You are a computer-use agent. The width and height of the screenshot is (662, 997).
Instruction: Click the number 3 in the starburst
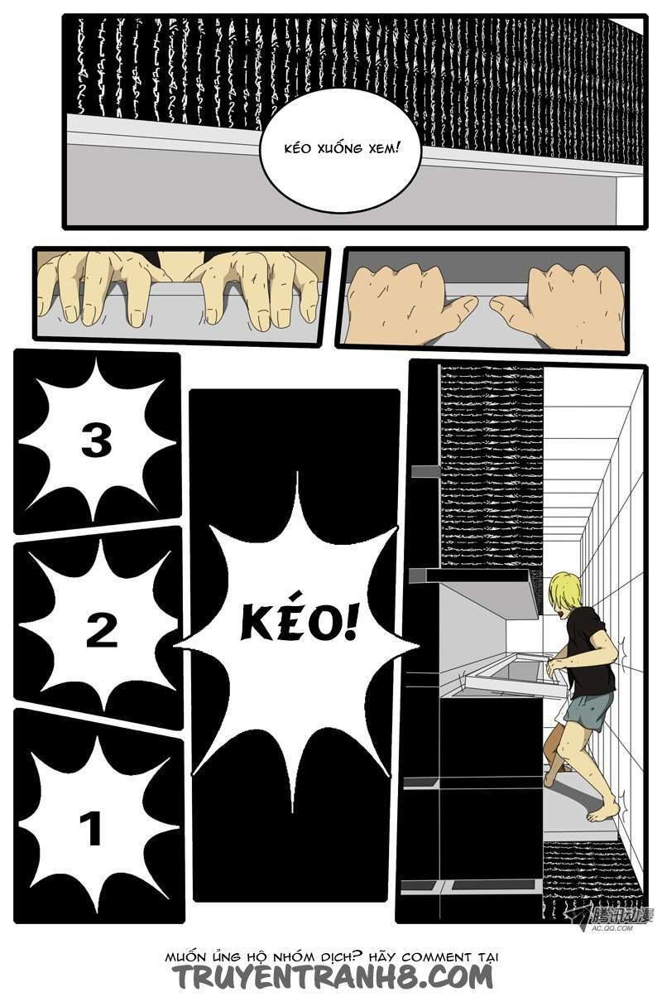[x=97, y=441]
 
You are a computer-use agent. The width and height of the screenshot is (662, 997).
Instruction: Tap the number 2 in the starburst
[x=102, y=631]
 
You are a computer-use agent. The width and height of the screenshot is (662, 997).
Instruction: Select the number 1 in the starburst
[x=92, y=829]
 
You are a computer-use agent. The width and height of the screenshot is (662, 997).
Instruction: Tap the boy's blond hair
[x=565, y=589]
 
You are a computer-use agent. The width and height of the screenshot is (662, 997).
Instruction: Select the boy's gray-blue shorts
[x=590, y=710]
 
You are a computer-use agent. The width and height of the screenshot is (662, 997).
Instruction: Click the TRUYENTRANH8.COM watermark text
[x=333, y=978]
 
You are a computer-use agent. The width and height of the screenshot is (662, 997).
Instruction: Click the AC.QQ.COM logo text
[x=612, y=928]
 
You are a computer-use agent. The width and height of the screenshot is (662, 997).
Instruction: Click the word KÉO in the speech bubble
[x=296, y=149]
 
